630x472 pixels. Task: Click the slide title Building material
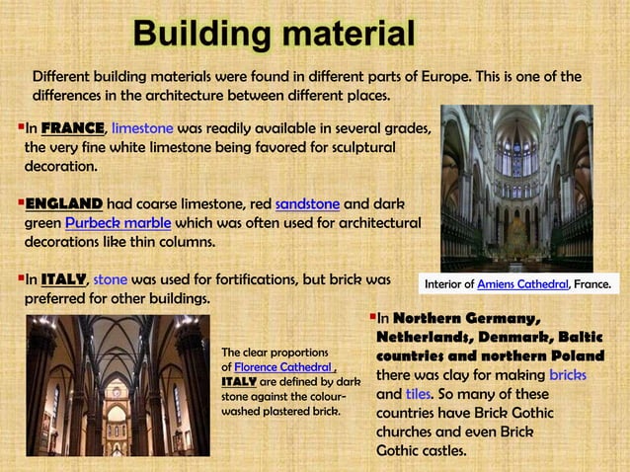[x=275, y=34]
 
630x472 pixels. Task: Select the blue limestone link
[x=143, y=128]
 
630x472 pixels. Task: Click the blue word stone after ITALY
[x=110, y=279]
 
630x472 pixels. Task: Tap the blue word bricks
[x=567, y=375]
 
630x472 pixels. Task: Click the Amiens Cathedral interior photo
[x=516, y=188]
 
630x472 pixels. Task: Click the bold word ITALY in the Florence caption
[x=239, y=381]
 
